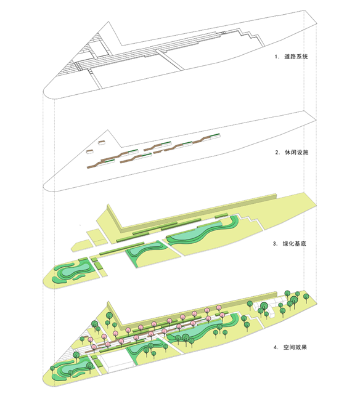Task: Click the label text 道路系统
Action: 296,57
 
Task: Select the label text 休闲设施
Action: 297,153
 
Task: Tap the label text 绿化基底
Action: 294,243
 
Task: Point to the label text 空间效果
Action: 295,347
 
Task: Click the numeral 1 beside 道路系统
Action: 276,57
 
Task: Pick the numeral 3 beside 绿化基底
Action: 275,244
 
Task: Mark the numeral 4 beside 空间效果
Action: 276,347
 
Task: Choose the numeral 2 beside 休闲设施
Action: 277,153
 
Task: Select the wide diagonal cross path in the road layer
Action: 170,59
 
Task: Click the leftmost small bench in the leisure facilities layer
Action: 90,151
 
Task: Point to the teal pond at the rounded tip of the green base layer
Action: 76,270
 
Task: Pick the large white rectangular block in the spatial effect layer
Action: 116,362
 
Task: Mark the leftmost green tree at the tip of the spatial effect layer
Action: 52,369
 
